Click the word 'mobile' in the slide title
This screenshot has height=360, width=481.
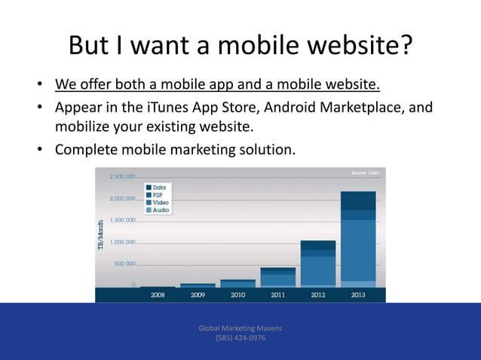point(250,45)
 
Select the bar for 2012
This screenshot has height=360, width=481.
point(318,264)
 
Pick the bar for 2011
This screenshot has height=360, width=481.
point(278,276)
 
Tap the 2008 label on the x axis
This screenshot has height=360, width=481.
point(158,295)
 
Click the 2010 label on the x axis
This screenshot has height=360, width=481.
point(237,295)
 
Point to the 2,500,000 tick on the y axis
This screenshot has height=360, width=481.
point(122,177)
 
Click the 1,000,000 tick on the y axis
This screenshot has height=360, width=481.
point(122,243)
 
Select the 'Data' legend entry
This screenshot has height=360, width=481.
point(161,187)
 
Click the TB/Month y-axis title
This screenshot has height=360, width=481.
point(101,235)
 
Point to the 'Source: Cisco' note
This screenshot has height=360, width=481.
point(366,173)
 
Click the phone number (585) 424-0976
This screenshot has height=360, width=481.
point(240,338)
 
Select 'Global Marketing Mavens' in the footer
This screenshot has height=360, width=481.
point(240,328)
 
